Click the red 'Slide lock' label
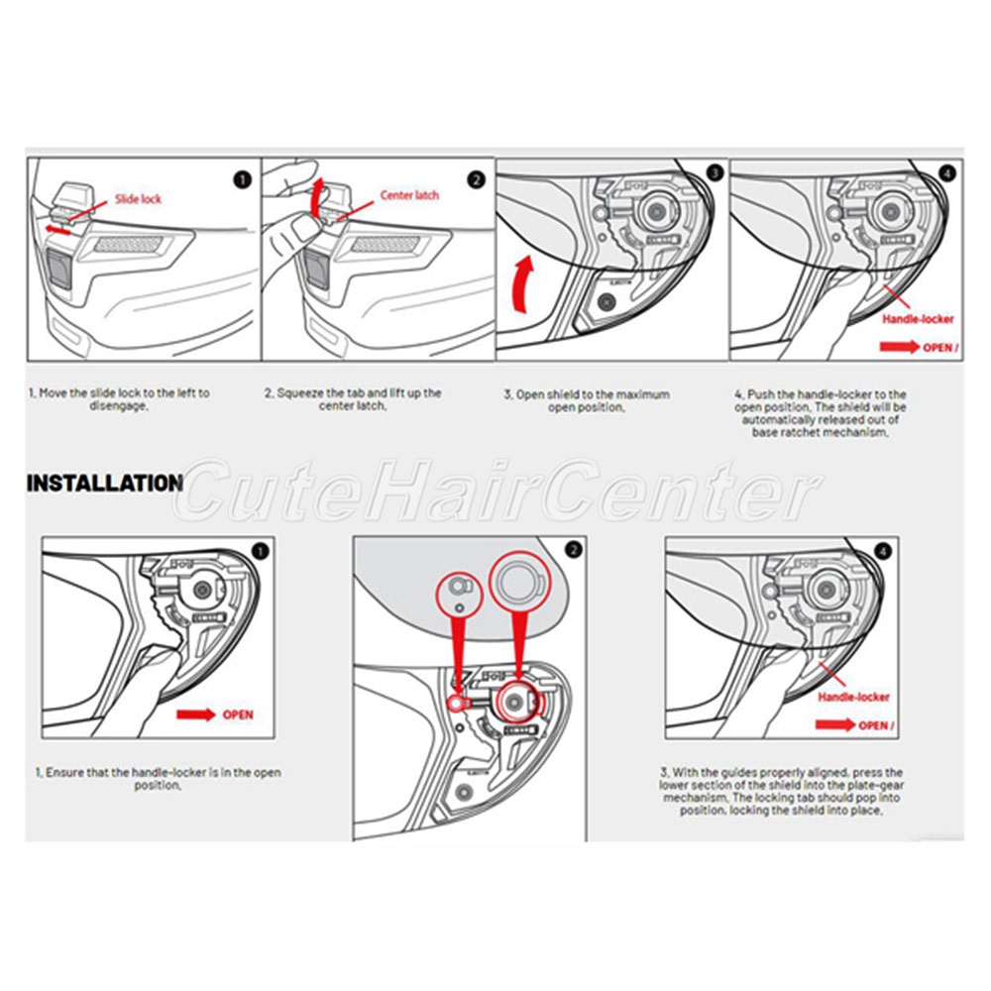point(138,199)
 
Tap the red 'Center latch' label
point(409,195)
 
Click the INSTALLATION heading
point(105,484)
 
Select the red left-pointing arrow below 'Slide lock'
point(57,229)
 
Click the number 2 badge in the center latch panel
point(477,180)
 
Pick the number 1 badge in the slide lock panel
point(243,180)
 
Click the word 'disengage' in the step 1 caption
point(118,406)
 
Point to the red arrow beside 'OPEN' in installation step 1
point(195,715)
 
